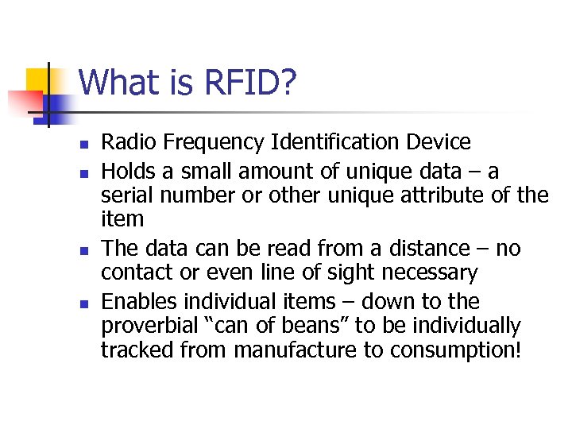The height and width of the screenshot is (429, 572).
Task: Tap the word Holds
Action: pos(127,171)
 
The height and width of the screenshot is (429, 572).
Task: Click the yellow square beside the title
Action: pos(38,79)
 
